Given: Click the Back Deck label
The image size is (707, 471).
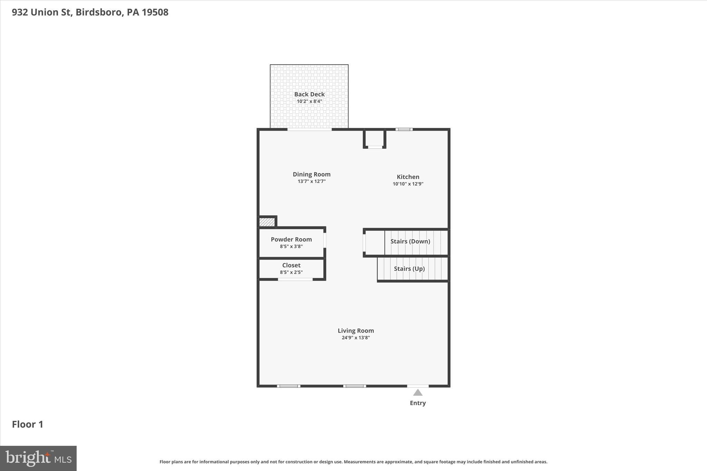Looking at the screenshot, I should coord(309,94).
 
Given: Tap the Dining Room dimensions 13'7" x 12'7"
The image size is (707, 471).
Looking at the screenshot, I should coord(311,181).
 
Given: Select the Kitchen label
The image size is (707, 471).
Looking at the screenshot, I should coord(408,177).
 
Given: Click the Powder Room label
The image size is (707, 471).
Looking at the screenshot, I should coord(291,239).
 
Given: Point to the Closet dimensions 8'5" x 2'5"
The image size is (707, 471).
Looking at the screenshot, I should coord(291,272).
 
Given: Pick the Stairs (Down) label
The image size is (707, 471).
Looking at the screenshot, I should coord(410,241).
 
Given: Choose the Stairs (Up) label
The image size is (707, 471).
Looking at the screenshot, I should coord(409,268).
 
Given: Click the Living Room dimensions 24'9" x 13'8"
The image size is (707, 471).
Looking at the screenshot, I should coord(356,338).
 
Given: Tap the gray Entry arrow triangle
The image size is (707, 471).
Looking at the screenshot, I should coord(418,393).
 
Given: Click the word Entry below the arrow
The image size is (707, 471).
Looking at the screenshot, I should coord(418,403).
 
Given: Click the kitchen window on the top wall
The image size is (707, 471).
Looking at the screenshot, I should coord(404,129).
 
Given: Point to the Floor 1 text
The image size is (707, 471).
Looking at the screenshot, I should coord(28,424).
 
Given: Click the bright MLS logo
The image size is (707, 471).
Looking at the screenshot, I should coord(38,458).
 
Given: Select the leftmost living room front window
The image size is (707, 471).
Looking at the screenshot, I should coord(289,386).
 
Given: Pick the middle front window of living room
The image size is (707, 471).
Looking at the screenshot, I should coord(355,386).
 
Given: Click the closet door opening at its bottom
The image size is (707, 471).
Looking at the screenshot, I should coord(295,279).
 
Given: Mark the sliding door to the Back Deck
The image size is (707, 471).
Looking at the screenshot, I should coord(309,129).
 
